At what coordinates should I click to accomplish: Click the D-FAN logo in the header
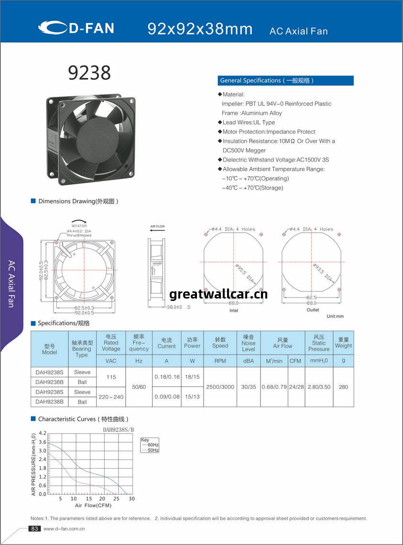click(76, 28)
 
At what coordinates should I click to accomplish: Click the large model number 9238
click(89, 73)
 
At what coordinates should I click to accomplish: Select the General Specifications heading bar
click(286, 81)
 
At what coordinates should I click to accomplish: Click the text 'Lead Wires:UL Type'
click(249, 122)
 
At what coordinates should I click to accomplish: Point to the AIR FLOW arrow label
click(157, 226)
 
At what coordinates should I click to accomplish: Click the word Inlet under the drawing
click(234, 310)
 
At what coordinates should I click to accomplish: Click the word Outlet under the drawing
click(313, 310)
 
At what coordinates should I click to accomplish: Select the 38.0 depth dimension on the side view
click(174, 307)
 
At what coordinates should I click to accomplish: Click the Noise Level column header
click(248, 343)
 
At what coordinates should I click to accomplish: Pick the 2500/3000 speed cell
click(220, 387)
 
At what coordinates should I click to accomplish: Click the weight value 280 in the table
click(343, 387)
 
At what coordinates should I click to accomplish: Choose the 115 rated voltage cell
click(111, 377)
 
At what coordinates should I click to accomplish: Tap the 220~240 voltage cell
click(111, 397)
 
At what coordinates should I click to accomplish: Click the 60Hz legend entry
click(152, 445)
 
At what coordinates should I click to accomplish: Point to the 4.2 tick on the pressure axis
click(43, 433)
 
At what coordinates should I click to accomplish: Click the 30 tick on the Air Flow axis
click(131, 499)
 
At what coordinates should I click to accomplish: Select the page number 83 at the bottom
click(34, 529)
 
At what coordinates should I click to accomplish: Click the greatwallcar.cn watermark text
click(218, 294)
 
